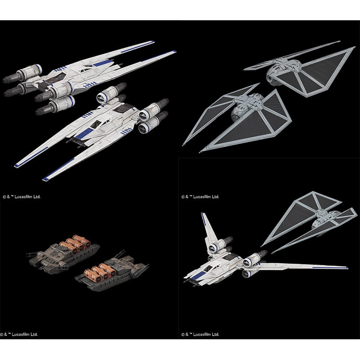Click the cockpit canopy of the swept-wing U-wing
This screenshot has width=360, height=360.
coord(208,268)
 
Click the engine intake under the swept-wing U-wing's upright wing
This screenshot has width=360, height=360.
coord(214,247)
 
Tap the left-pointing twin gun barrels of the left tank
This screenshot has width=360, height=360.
coord(32,253)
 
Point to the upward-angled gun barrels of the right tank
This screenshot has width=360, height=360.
coord(120,254)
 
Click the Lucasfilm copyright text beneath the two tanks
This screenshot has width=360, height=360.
coord(19,334)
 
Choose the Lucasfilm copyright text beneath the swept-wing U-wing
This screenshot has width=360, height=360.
coord(200,334)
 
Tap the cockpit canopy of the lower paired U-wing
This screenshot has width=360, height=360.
coord(96,124)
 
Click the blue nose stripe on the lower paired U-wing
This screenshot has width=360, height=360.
coord(84,134)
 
